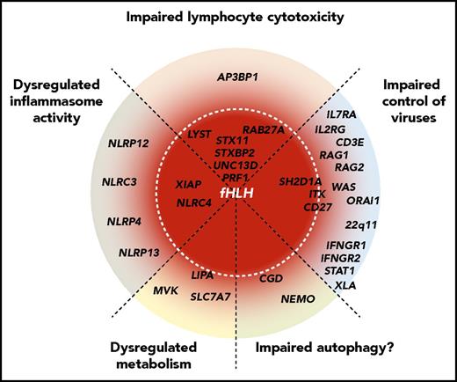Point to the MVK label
coord(165,289)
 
